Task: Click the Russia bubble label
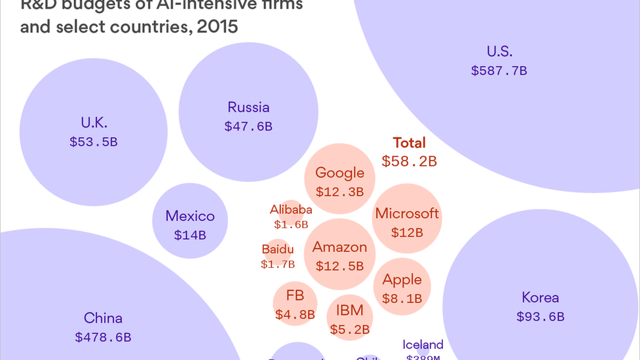(x=248, y=107)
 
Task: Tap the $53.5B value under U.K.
(x=94, y=142)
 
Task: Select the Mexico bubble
(x=190, y=221)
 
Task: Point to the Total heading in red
(x=409, y=143)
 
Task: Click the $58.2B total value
(x=409, y=161)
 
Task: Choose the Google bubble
(x=340, y=179)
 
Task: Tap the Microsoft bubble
(x=407, y=218)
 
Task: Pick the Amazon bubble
(x=340, y=254)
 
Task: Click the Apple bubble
(x=402, y=287)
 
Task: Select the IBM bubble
(x=350, y=318)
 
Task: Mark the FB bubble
(x=295, y=304)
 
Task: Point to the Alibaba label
(x=291, y=210)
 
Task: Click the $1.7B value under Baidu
(x=278, y=264)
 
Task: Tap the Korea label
(x=540, y=298)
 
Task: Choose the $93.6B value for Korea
(x=540, y=317)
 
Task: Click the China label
(x=103, y=318)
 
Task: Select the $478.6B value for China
(x=103, y=337)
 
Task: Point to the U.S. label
(x=499, y=52)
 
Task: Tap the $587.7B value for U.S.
(x=499, y=71)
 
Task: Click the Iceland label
(x=423, y=345)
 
